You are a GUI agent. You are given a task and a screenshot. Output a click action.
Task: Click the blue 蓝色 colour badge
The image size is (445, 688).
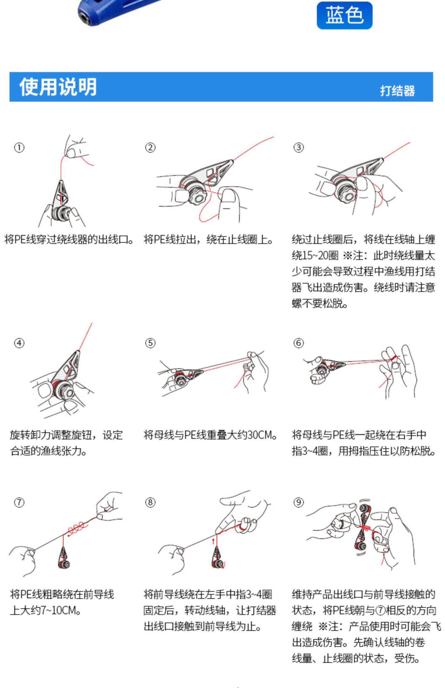(344, 15)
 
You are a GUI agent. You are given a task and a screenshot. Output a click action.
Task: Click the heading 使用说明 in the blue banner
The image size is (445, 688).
(58, 87)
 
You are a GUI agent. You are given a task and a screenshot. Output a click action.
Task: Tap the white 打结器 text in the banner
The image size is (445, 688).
(397, 91)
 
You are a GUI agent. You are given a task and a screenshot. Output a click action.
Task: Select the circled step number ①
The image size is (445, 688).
(19, 148)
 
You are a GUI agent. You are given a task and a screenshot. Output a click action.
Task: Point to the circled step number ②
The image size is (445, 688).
(150, 148)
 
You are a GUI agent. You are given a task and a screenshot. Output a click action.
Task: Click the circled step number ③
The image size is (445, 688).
(298, 148)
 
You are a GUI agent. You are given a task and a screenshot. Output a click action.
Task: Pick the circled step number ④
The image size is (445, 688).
(19, 343)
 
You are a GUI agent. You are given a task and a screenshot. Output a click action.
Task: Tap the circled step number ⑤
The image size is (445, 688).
(150, 343)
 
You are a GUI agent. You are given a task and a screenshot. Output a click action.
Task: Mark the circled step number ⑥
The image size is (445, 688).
(298, 343)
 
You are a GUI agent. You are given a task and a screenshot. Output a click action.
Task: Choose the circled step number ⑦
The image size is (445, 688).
(19, 503)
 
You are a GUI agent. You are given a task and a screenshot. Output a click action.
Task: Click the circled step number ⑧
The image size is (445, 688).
(150, 503)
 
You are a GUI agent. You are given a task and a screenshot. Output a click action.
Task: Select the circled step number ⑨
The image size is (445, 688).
(298, 503)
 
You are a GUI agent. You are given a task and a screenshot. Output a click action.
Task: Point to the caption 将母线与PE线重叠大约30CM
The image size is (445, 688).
(210, 435)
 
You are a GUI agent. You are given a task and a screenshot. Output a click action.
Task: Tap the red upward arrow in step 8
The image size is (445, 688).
(213, 542)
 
